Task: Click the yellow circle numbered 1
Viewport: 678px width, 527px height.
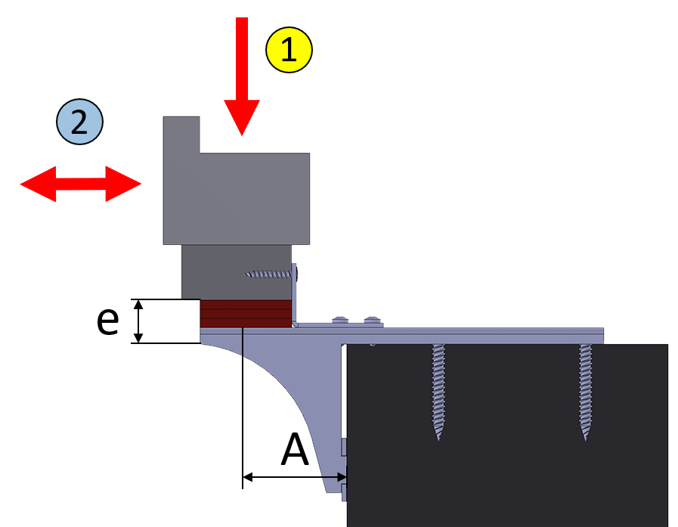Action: (x=289, y=50)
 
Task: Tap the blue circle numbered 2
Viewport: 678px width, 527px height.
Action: (x=79, y=122)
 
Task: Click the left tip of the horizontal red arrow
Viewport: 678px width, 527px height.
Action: (x=20, y=184)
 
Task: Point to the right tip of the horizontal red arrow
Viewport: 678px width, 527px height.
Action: (x=141, y=184)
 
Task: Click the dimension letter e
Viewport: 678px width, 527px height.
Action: (x=107, y=321)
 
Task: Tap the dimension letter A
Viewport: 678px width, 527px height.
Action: (x=295, y=450)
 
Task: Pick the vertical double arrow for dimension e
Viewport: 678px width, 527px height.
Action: (x=138, y=321)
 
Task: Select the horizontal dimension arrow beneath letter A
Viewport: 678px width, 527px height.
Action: (x=295, y=477)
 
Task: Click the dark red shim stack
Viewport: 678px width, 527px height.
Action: (x=246, y=314)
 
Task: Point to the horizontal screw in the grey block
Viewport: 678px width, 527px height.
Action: (x=271, y=274)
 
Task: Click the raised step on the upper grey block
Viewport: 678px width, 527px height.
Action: (x=181, y=135)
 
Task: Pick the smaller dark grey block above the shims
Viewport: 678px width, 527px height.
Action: (x=237, y=272)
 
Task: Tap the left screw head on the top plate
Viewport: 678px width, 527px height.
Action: (x=340, y=320)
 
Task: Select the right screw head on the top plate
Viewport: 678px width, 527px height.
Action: (x=373, y=320)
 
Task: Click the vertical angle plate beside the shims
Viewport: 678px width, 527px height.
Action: (x=295, y=294)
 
